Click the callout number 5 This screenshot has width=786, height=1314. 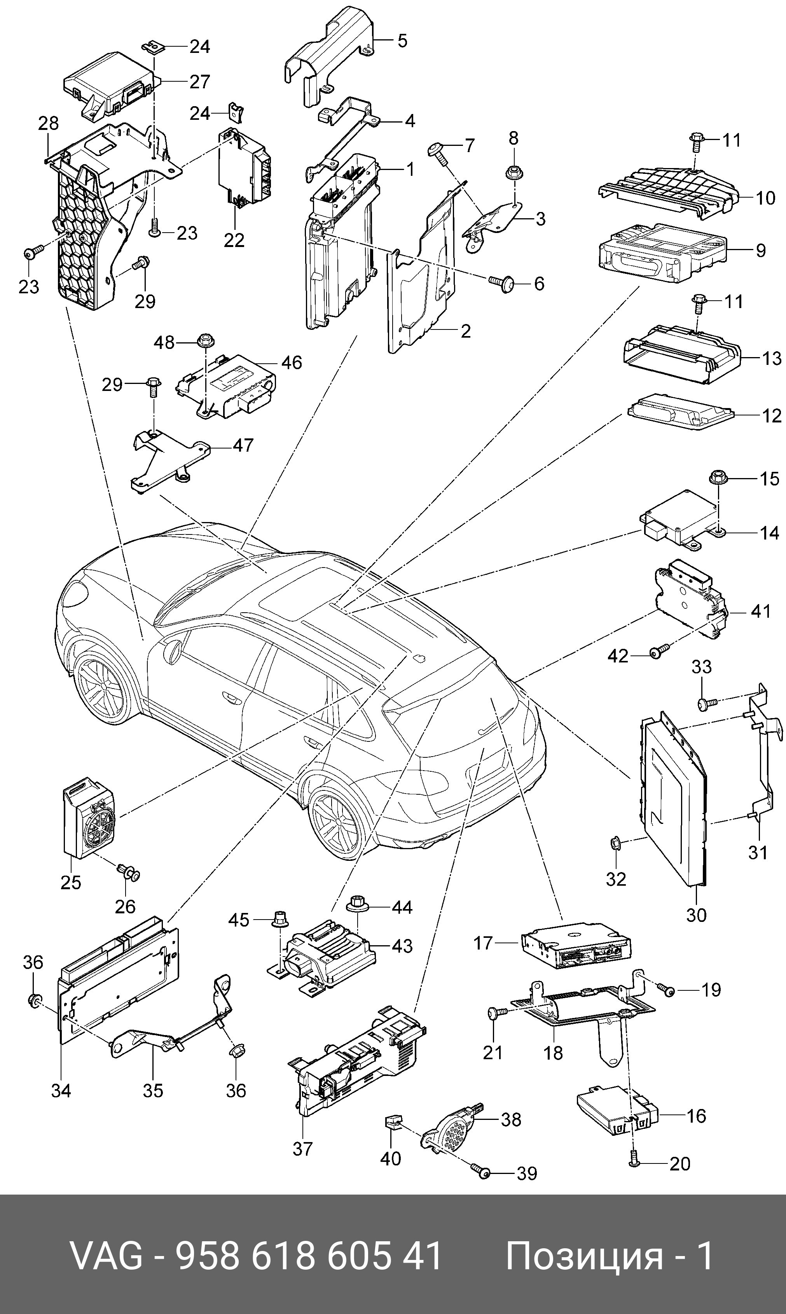point(403,41)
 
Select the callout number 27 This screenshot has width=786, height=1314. point(200,82)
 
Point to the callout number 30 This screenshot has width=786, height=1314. point(696,915)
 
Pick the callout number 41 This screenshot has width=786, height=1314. point(761,611)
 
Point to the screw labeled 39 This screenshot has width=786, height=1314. point(482,1172)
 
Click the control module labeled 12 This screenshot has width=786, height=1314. point(681,413)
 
